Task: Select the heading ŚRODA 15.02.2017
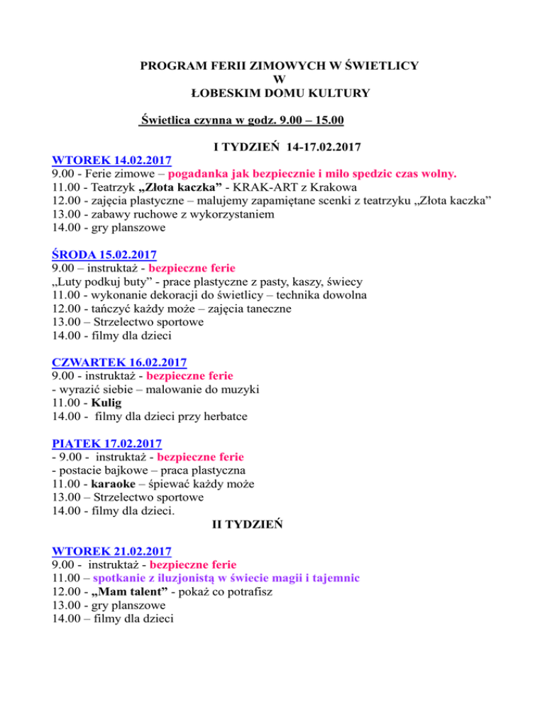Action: [104, 254]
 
